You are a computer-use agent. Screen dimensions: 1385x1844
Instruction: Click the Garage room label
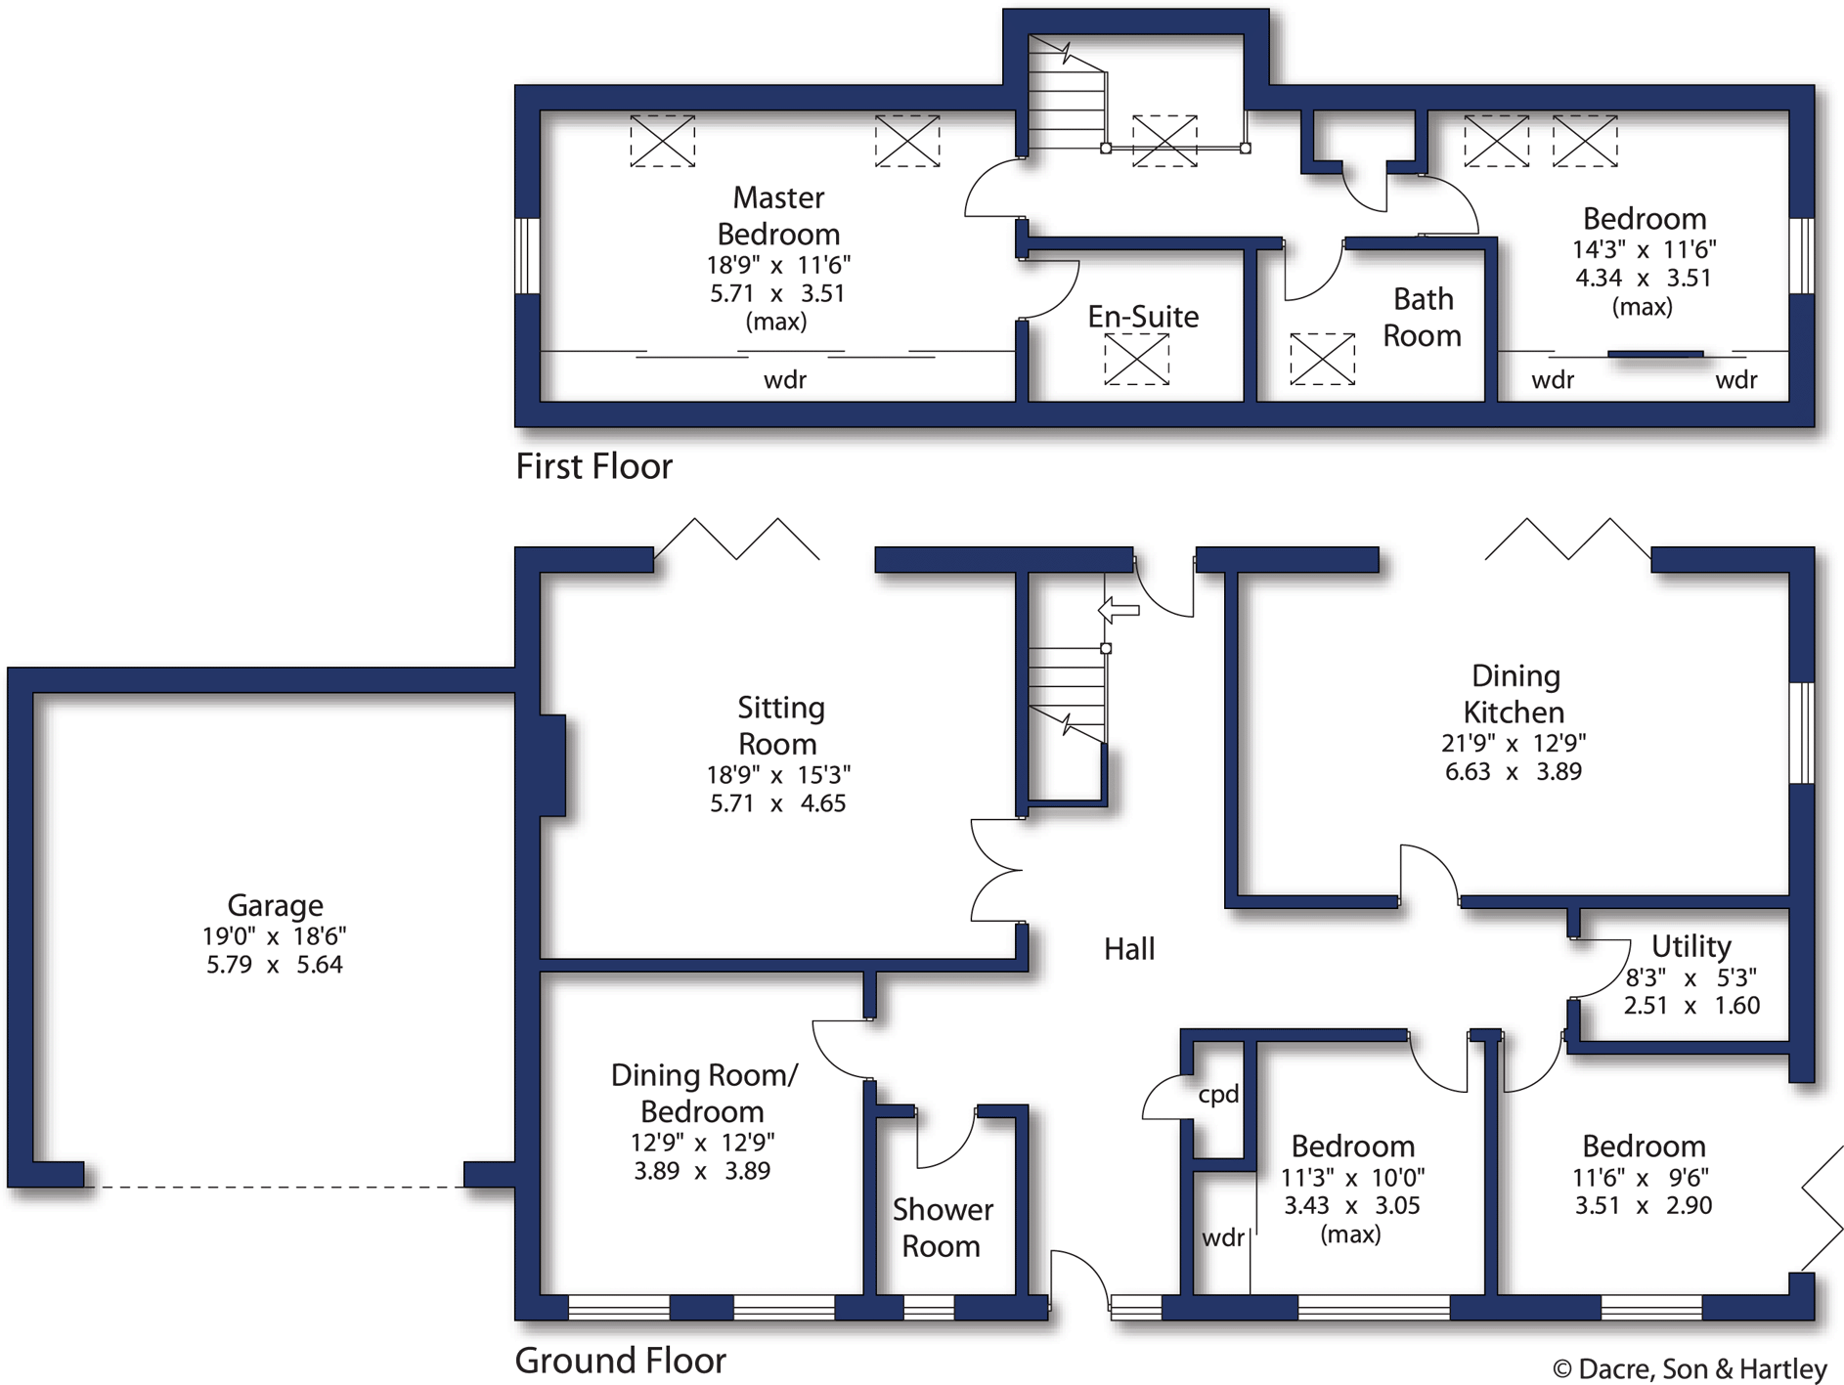(x=275, y=905)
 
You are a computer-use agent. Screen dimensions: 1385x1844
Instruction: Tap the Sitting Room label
(x=779, y=725)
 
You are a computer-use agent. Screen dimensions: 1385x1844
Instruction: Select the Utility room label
(x=1690, y=945)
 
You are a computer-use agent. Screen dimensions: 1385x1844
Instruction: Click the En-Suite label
(x=1142, y=316)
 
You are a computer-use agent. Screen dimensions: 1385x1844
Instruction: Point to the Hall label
(x=1128, y=948)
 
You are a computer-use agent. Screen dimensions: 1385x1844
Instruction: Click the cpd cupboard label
(x=1218, y=1094)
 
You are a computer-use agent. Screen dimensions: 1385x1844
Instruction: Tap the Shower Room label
(x=942, y=1228)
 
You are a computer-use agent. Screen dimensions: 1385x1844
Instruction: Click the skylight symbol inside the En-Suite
(x=1136, y=359)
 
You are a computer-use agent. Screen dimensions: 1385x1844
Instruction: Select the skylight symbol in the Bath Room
(x=1322, y=358)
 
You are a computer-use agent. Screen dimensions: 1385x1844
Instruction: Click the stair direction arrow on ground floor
(x=1120, y=611)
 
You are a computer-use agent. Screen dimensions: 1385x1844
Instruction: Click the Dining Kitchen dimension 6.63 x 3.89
(x=1513, y=771)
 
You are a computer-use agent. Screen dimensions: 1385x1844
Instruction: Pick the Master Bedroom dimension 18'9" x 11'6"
(x=778, y=265)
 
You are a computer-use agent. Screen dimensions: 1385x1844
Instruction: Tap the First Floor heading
(x=593, y=466)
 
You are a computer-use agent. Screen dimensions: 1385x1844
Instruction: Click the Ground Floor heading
(x=620, y=1360)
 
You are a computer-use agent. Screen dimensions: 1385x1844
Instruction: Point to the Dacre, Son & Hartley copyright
(x=1689, y=1368)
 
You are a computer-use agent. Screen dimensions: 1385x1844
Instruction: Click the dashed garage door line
(x=274, y=1187)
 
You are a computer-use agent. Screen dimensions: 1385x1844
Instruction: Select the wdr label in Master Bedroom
(x=784, y=379)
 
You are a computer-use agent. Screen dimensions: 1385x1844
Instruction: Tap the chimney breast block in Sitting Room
(x=551, y=764)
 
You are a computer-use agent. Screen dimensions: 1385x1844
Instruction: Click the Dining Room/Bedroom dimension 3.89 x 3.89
(x=701, y=1170)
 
